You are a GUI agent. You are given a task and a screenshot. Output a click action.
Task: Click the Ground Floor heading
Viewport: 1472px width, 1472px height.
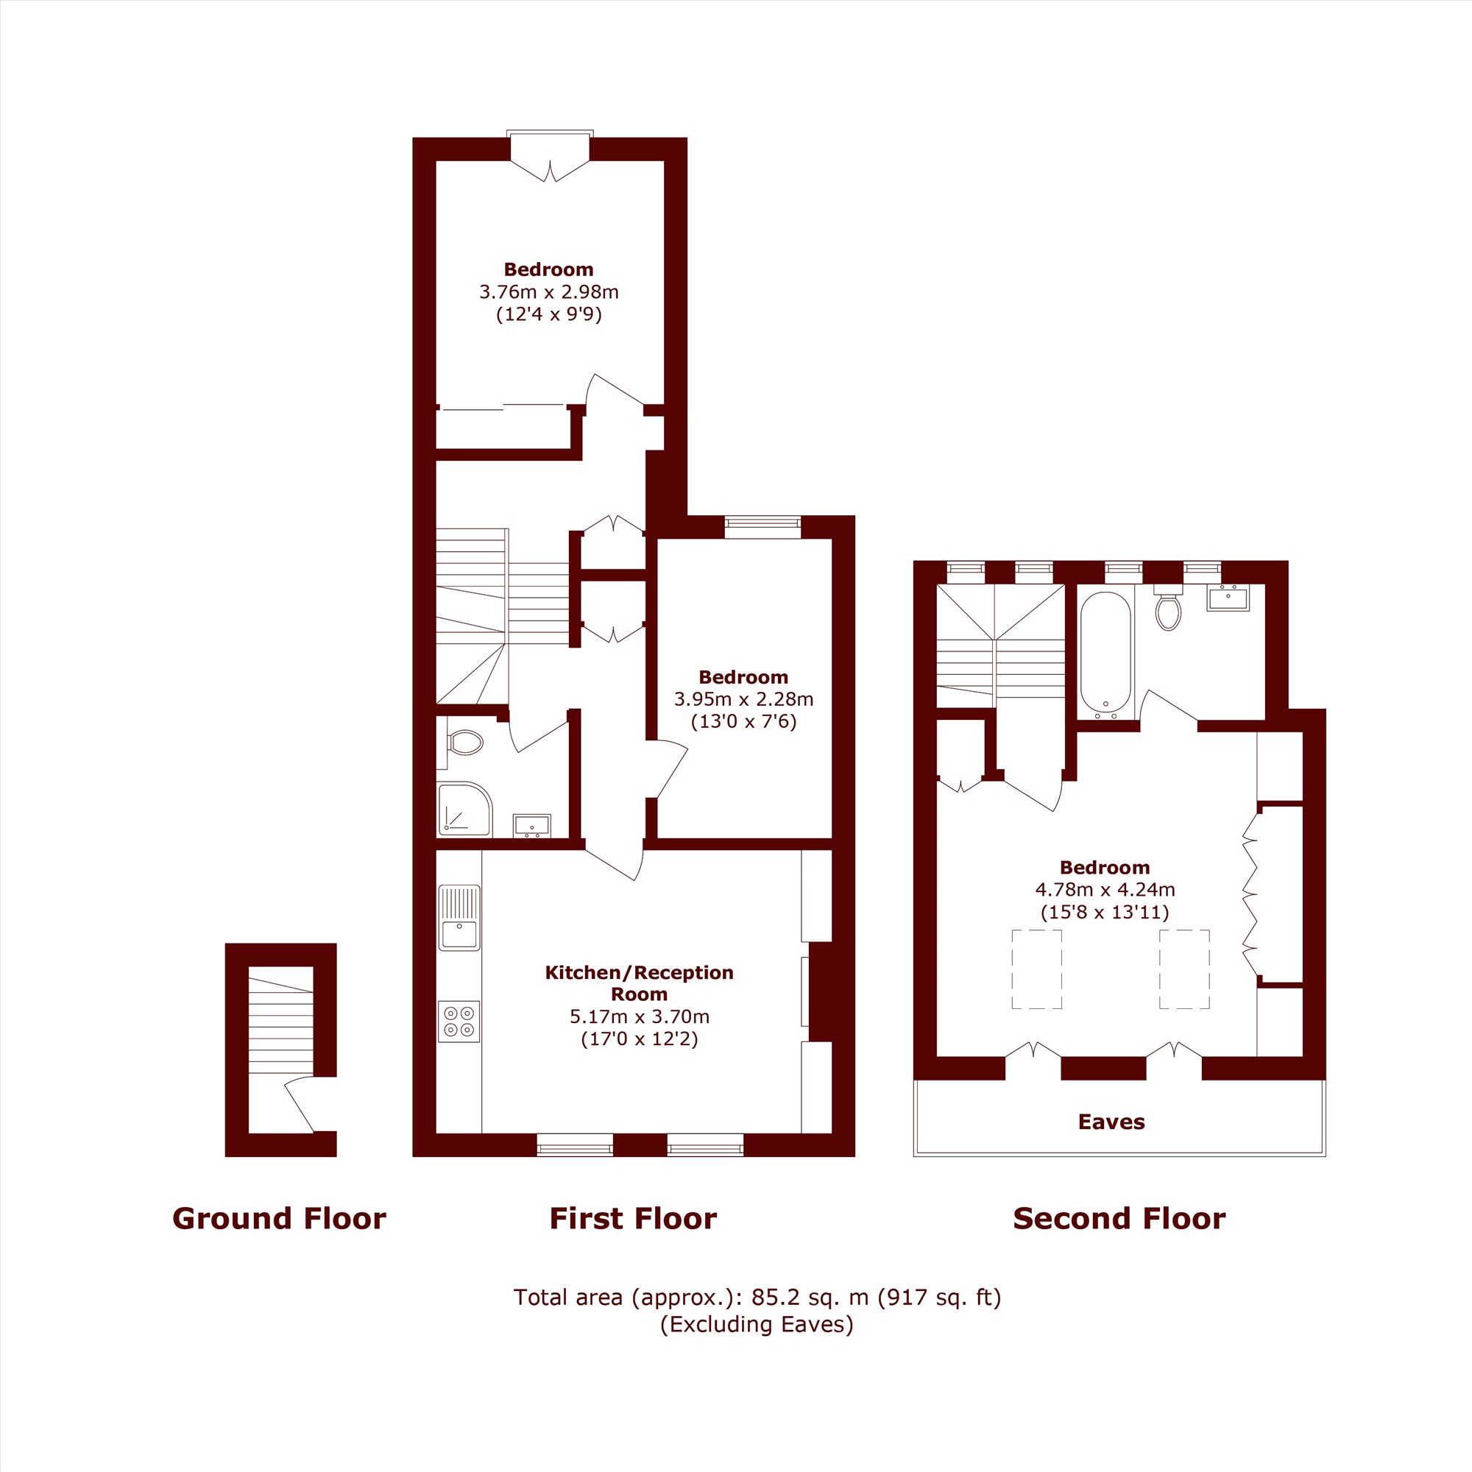(279, 1218)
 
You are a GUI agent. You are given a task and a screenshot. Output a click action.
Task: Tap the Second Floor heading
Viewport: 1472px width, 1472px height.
(1119, 1218)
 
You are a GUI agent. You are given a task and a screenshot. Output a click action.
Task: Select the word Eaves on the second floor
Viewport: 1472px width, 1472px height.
(1111, 1122)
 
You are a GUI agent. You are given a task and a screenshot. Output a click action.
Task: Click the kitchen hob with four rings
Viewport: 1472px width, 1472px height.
(459, 1022)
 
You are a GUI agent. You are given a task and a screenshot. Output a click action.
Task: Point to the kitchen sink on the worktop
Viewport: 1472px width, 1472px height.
(459, 917)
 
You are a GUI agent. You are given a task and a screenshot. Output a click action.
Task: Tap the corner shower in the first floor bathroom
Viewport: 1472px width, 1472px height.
(464, 809)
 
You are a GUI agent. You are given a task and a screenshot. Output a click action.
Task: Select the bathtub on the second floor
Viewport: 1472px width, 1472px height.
(1105, 656)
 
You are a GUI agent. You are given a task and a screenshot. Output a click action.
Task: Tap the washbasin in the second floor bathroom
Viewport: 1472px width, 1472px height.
(1228, 598)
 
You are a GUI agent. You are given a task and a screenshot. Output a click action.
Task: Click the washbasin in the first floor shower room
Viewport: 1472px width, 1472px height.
(532, 826)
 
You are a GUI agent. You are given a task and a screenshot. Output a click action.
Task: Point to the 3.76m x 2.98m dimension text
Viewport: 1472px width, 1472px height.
(548, 291)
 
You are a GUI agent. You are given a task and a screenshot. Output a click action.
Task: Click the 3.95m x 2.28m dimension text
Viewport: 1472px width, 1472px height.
(743, 698)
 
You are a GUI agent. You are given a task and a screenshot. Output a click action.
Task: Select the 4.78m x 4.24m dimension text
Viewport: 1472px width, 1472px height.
(1105, 889)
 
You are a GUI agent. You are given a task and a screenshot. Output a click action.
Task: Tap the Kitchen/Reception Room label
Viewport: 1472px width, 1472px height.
(640, 983)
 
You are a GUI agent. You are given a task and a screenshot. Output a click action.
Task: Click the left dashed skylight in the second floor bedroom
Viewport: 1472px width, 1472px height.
(1036, 969)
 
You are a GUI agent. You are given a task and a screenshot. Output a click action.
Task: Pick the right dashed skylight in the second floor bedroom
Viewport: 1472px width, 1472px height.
(1184, 969)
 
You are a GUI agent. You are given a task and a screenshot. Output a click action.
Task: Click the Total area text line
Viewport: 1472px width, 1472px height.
(757, 1298)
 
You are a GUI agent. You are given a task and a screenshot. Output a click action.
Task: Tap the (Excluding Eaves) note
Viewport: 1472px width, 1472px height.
(757, 1324)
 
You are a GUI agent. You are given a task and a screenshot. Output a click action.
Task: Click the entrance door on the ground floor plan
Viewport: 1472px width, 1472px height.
(299, 1105)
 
